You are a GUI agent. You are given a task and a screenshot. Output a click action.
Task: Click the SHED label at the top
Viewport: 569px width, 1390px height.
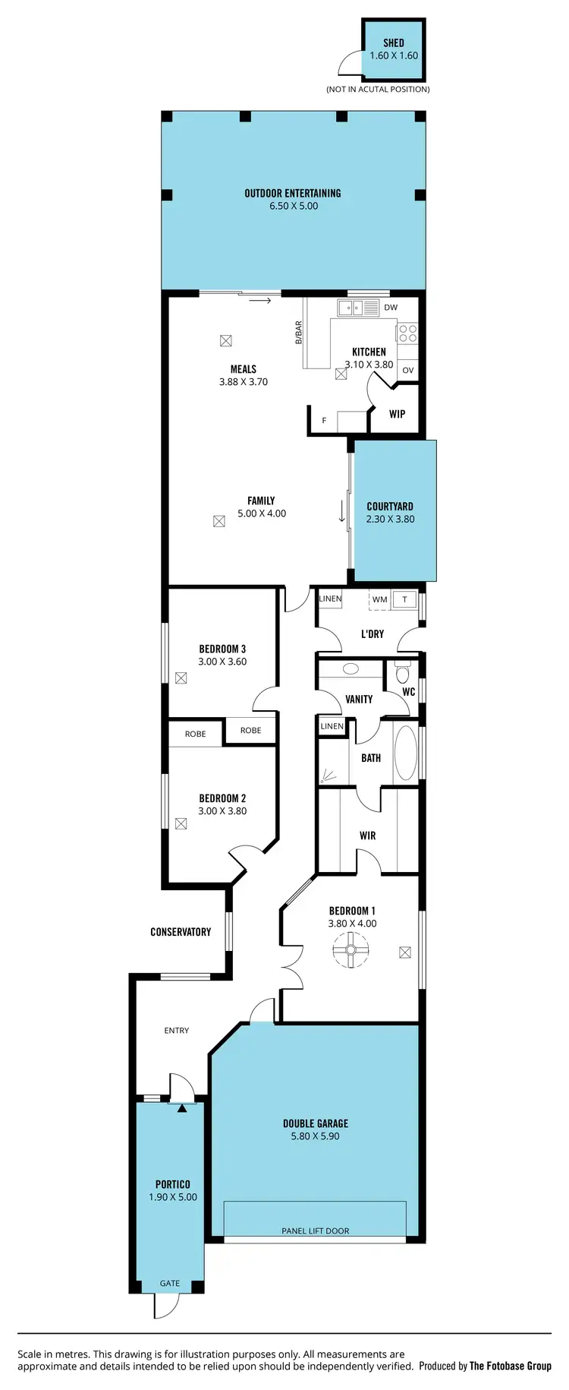pos(393,43)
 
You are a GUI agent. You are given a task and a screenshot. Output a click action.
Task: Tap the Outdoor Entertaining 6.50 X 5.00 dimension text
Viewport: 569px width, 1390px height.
pos(294,206)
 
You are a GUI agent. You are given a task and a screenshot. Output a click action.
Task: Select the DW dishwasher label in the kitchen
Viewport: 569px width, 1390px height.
pos(391,308)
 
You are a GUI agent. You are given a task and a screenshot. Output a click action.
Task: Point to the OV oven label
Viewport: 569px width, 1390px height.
pos(408,371)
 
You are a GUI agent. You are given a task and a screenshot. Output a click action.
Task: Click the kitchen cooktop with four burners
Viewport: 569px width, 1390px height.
pos(407,333)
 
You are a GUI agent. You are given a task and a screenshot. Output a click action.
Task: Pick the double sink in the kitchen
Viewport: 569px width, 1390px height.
pos(358,308)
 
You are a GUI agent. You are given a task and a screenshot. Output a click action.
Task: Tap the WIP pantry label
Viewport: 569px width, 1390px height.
pos(397,414)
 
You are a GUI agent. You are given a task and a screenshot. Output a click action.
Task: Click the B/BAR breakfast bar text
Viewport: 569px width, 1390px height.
pos(299,333)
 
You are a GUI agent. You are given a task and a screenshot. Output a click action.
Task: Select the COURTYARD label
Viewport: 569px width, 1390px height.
pos(390,507)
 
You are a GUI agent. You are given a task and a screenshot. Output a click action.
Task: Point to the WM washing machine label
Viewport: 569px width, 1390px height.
pos(380,599)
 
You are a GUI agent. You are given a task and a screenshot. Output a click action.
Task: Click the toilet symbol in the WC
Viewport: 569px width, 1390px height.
pos(403,674)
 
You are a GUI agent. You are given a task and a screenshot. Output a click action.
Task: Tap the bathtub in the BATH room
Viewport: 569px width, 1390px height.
pos(406,753)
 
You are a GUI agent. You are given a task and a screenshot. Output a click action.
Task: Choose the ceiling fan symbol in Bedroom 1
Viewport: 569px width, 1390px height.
pos(351,950)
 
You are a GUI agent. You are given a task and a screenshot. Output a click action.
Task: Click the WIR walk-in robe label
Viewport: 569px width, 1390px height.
pos(367,836)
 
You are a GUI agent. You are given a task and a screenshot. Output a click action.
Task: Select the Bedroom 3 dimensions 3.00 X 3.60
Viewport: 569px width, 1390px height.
pos(222,662)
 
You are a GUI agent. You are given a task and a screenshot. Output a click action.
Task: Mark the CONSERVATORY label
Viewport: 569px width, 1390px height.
pos(181,932)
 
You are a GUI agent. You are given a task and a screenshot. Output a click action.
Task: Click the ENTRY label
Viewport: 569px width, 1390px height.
pos(177,1031)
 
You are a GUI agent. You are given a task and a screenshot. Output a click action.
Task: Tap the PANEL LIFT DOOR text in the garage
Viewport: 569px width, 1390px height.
pos(316,1231)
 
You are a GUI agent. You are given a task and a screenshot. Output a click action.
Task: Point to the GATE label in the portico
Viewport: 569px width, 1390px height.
pos(170,1284)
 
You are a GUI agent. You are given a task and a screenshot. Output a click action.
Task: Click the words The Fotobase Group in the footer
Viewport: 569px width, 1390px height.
pos(511,1366)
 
